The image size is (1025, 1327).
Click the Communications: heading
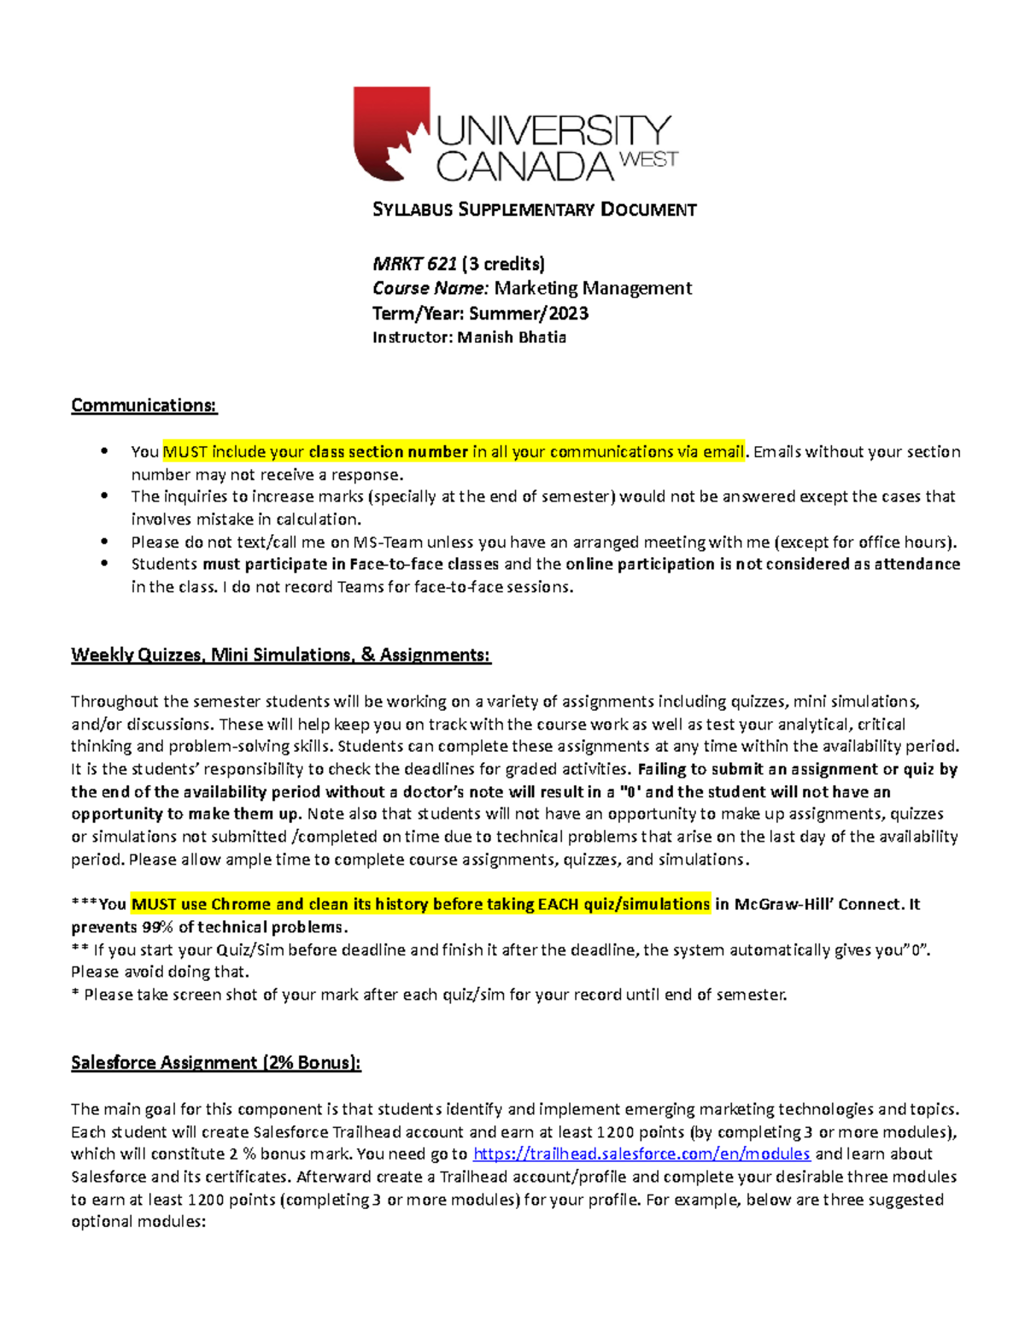(144, 405)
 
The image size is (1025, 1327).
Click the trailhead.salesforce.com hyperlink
(641, 1154)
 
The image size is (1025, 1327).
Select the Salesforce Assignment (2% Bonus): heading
(216, 1063)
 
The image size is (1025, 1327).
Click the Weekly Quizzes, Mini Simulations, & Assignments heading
(281, 655)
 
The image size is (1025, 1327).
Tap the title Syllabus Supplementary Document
(535, 210)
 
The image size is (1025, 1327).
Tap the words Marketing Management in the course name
(593, 289)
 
